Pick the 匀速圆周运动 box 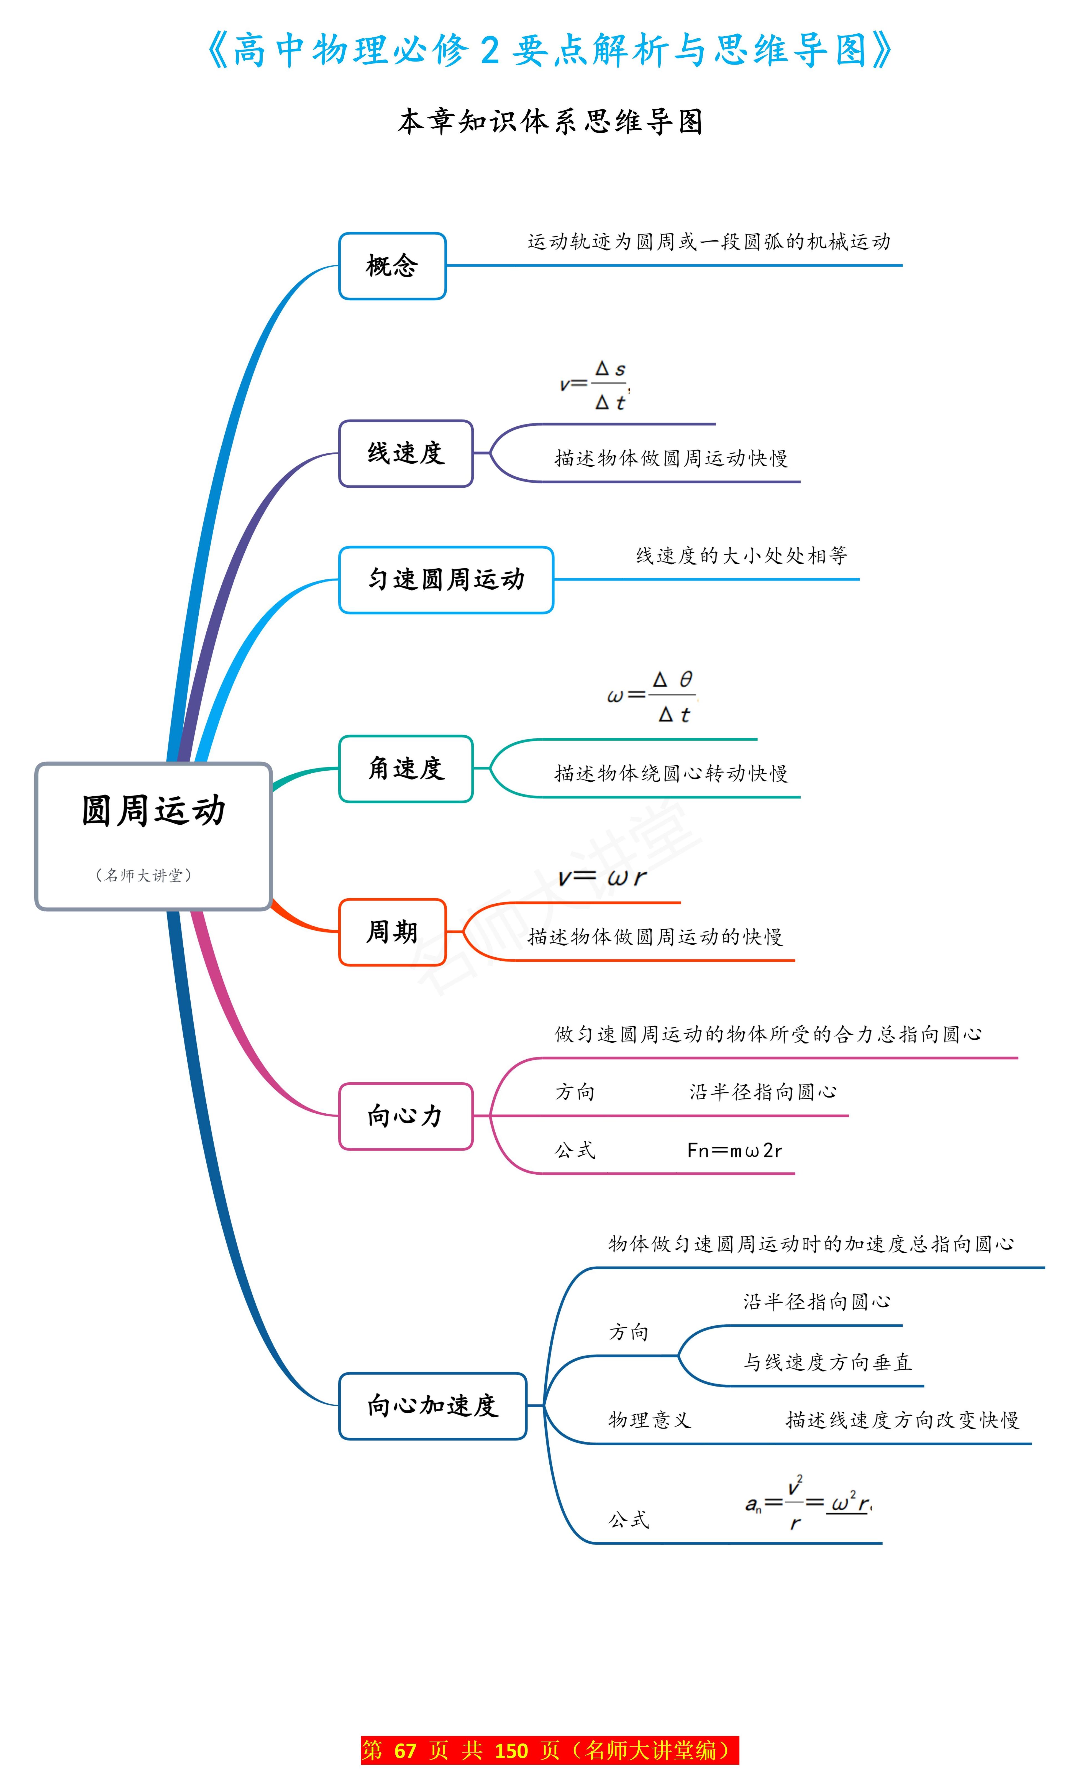pos(446,580)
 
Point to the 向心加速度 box pos(432,1405)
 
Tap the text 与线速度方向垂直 pos(827,1362)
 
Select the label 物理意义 pos(649,1420)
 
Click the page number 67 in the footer pos(405,1750)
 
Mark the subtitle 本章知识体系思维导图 pos(550,122)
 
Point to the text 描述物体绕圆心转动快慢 pos(671,773)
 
